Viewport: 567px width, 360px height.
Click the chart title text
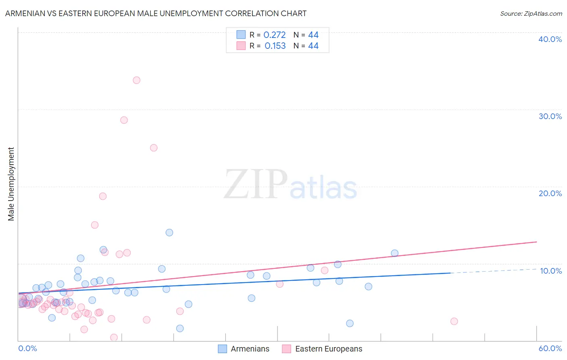pos(156,13)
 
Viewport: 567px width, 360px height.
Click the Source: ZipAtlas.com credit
pos(531,13)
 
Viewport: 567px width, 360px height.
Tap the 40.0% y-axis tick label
pos(550,39)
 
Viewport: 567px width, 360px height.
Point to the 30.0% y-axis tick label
pos(550,116)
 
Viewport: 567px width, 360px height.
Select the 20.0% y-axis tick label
pos(550,193)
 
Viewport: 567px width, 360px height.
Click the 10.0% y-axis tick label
pos(550,271)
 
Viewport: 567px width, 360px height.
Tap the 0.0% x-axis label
pos(27,348)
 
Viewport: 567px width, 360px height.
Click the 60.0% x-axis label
pos(550,348)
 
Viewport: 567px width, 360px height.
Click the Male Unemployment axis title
pos(11,184)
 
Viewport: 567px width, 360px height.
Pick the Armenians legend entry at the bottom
pos(244,349)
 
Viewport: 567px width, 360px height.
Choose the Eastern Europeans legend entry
pos(322,349)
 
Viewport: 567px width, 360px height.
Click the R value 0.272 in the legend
pos(274,35)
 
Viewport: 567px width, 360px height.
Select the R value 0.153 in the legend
pos(275,46)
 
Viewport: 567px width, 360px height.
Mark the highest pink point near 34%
pos(136,80)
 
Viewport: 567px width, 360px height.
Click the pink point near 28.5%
pos(124,120)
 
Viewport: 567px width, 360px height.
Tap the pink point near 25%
pos(154,148)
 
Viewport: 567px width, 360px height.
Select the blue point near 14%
pos(169,232)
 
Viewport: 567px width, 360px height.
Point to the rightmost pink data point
pos(454,321)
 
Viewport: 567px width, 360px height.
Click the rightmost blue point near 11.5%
pos(394,253)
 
